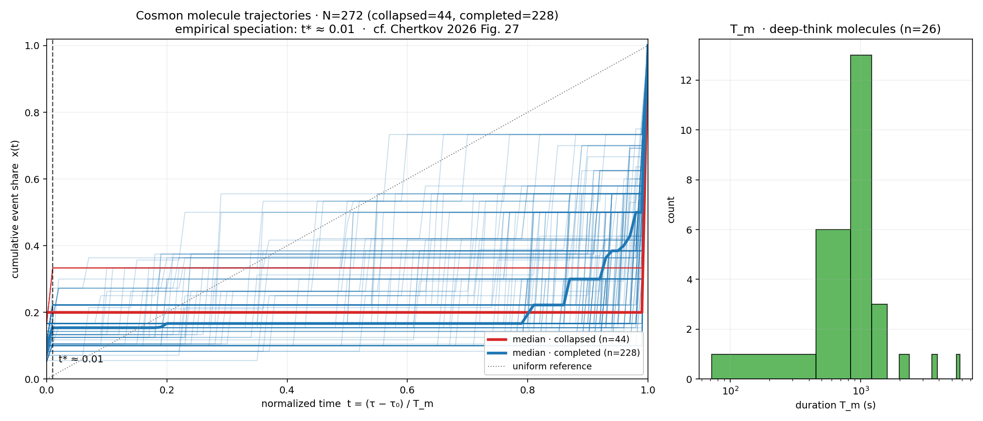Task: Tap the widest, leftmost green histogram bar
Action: click(x=763, y=367)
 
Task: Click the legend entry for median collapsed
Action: click(x=571, y=340)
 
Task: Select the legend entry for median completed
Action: click(x=576, y=353)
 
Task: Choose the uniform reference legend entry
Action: click(x=552, y=367)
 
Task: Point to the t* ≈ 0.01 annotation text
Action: click(x=81, y=359)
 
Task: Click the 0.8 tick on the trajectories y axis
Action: click(x=32, y=113)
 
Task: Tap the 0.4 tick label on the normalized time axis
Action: click(x=287, y=390)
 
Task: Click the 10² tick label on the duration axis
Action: click(x=730, y=391)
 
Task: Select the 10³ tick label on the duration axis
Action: click(x=861, y=391)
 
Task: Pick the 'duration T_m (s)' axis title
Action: click(x=836, y=405)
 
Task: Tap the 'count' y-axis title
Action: click(x=671, y=209)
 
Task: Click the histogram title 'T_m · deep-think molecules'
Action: click(x=836, y=29)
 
